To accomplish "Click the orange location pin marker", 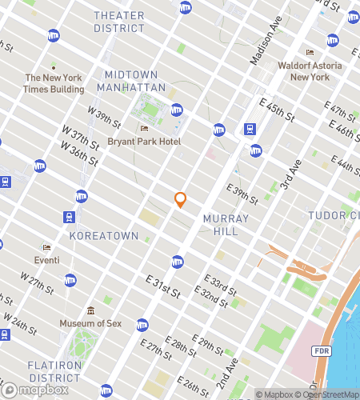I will pos(181,200).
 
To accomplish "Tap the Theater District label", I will pos(119,22).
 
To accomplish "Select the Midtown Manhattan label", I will pos(131,80).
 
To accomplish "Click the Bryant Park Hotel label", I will pos(144,142).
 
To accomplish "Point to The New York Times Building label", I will pos(54,83).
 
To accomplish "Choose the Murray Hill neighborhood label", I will pos(226,224).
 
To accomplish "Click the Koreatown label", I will pos(98,237).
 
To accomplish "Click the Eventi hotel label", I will pos(46,260).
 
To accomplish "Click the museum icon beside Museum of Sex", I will pos(90,310).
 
